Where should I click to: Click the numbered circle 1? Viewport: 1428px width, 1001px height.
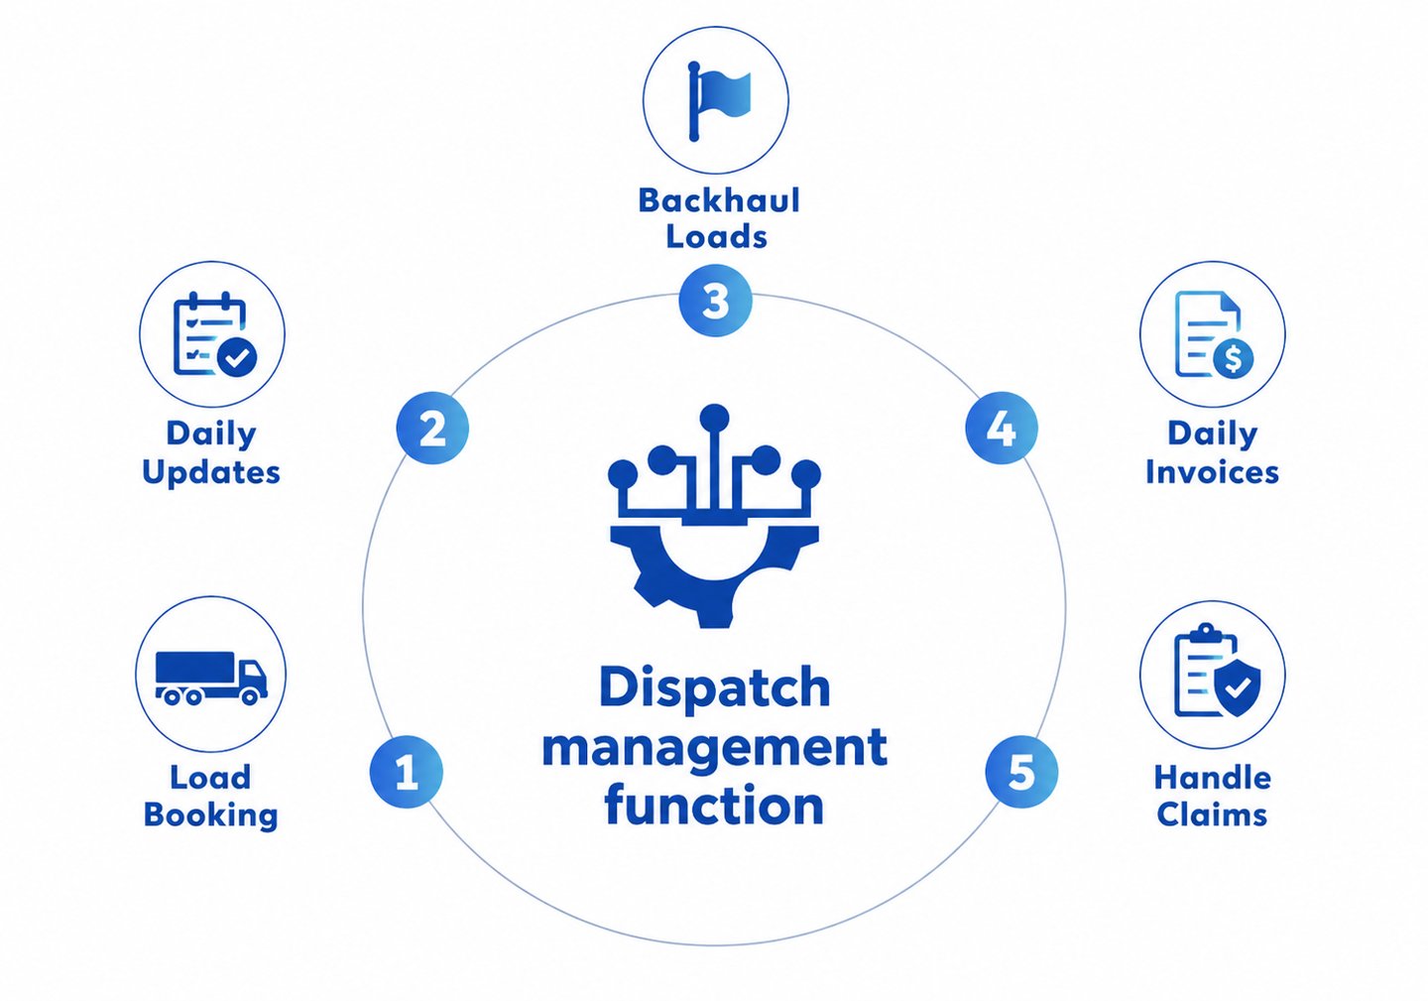(x=407, y=772)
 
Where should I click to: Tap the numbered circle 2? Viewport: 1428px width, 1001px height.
(x=432, y=428)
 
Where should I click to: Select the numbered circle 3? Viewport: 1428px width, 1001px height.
(x=715, y=301)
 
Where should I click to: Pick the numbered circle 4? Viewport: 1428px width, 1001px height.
(x=1001, y=428)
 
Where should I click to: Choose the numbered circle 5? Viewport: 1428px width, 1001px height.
(x=1021, y=772)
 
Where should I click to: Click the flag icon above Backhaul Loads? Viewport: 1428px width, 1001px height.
(x=719, y=101)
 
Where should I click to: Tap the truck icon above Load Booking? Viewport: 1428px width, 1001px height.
(x=211, y=678)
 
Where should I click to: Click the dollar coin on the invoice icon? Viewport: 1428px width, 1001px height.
(x=1234, y=358)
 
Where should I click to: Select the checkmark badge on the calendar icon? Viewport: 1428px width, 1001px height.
(x=237, y=358)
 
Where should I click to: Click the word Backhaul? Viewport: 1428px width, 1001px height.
(x=718, y=200)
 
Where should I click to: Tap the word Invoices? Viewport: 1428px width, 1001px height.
(x=1212, y=472)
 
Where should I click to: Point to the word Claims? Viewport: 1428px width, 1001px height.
(x=1212, y=814)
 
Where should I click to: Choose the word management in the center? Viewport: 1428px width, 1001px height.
(x=715, y=749)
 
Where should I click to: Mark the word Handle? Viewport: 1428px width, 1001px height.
(x=1212, y=778)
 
